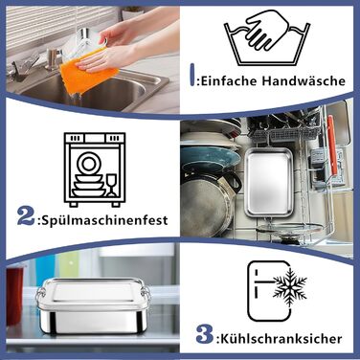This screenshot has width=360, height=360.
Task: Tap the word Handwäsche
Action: coord(304,80)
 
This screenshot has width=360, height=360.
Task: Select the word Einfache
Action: coord(229,80)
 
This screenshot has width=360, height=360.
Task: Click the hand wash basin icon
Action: coord(267,37)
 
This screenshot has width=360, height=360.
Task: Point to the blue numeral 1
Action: coord(192,75)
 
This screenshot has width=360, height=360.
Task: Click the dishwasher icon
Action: coord(95,169)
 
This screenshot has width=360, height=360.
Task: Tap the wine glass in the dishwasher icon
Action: coord(111,185)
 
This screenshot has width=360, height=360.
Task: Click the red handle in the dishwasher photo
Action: coord(331,146)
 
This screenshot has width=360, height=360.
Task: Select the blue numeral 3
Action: coord(205,334)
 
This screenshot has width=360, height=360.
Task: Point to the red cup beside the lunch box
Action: coord(14,295)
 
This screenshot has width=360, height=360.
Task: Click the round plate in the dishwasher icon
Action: coord(87,163)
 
